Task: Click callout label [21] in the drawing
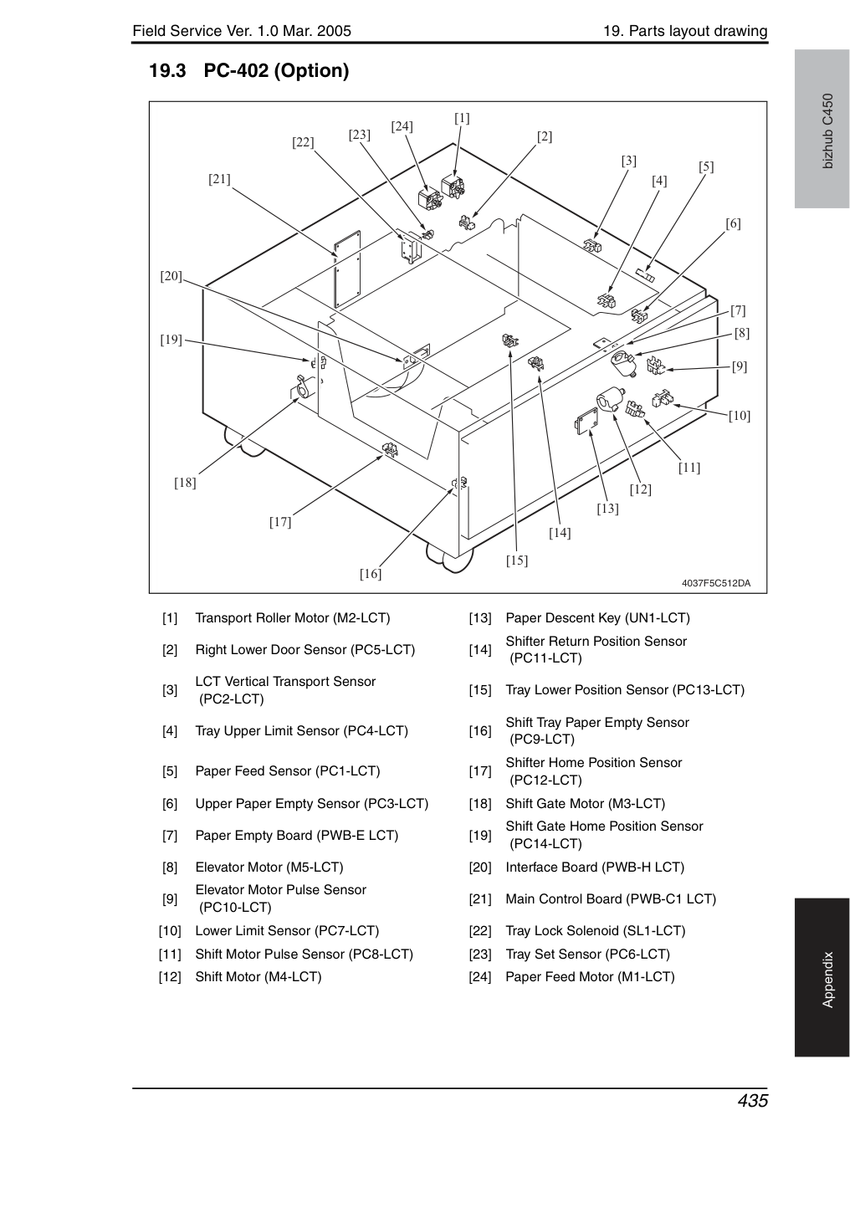point(219,179)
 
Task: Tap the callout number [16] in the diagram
point(371,574)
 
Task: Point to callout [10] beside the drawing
point(740,416)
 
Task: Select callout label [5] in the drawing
point(706,166)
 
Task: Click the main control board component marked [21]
point(348,269)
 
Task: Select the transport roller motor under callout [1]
point(453,187)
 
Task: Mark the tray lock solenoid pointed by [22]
point(410,248)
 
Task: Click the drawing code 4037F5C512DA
point(716,583)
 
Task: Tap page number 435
point(753,1101)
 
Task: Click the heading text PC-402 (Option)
point(276,70)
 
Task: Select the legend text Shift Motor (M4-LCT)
point(258,977)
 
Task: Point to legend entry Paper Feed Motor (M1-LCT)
point(590,977)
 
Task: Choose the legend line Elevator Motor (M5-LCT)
point(269,867)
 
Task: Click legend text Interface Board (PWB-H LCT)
point(595,867)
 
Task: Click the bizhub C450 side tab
point(828,130)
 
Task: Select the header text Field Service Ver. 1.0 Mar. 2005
point(242,31)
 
